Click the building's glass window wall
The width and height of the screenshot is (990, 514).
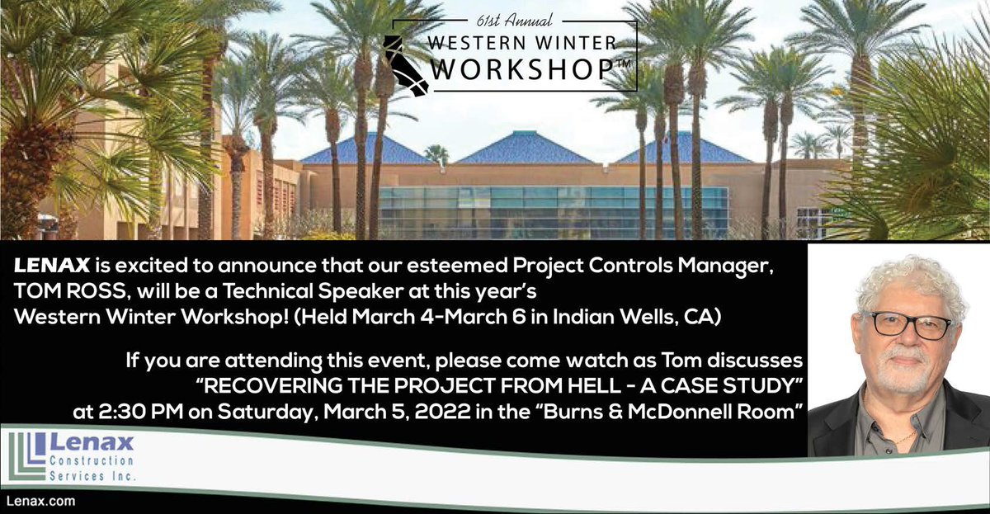tap(553, 210)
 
